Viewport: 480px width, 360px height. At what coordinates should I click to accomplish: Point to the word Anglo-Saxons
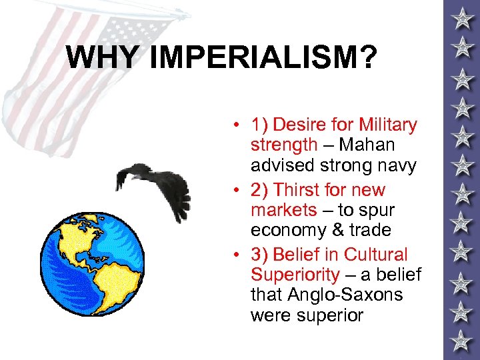tap(345, 294)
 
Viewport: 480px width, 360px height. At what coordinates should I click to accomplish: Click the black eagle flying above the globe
tap(153, 183)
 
